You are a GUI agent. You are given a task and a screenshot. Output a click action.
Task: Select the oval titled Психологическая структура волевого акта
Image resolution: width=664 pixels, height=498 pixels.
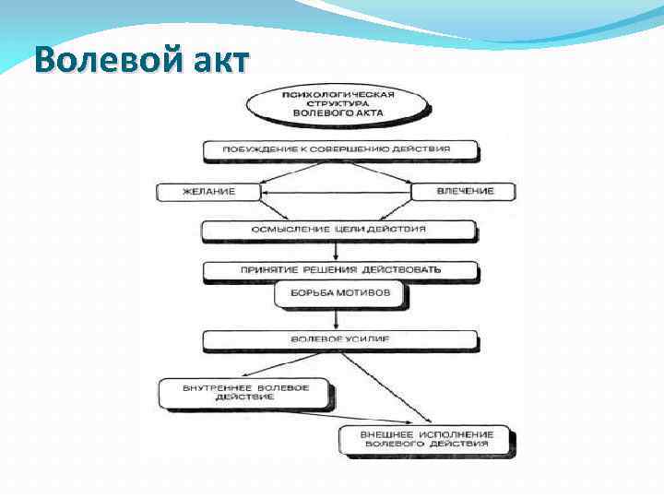338,103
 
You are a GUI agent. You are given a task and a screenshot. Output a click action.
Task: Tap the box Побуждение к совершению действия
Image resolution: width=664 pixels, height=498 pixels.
338,148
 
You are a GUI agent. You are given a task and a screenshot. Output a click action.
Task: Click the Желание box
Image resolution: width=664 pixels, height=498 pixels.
208,192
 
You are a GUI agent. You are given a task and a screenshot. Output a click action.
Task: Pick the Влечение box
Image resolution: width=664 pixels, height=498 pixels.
463,191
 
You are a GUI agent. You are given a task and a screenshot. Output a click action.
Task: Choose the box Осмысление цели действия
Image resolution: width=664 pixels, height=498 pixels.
338,229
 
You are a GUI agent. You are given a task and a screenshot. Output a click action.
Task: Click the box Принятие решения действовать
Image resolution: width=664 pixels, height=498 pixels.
340,270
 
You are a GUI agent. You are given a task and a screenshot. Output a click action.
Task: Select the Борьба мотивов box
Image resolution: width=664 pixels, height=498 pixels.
338,293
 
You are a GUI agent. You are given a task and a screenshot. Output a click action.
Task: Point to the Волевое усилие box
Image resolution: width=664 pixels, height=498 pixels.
339,339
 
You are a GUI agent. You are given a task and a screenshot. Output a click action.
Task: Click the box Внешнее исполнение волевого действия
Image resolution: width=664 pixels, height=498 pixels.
428,440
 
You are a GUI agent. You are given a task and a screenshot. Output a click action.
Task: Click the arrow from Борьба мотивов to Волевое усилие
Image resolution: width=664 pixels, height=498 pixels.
338,318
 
